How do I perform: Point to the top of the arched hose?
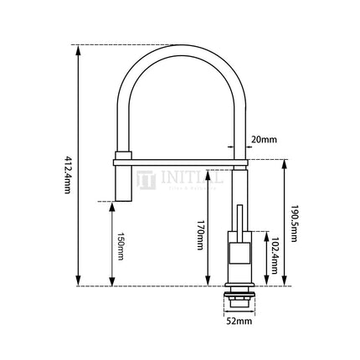[x=181, y=47]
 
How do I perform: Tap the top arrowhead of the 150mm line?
[x=111, y=205]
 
